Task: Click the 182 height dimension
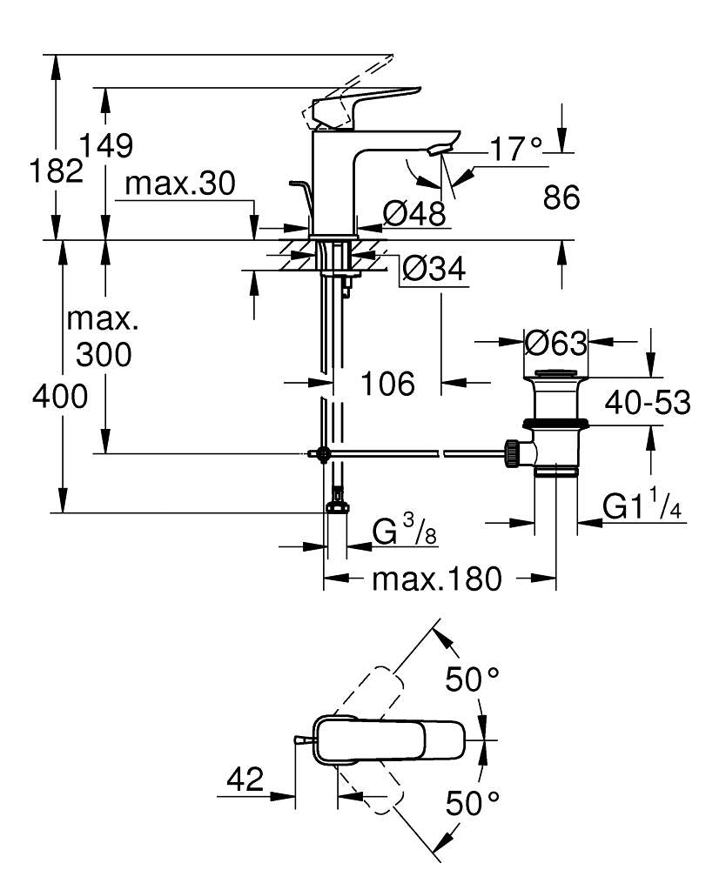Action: coord(55,171)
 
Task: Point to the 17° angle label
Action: coord(514,150)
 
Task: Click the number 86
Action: coord(561,197)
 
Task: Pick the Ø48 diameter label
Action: coord(414,212)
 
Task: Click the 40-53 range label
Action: coord(649,402)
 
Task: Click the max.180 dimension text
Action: coord(436,579)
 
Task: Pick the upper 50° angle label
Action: coord(474,679)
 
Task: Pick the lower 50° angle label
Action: coord(474,801)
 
